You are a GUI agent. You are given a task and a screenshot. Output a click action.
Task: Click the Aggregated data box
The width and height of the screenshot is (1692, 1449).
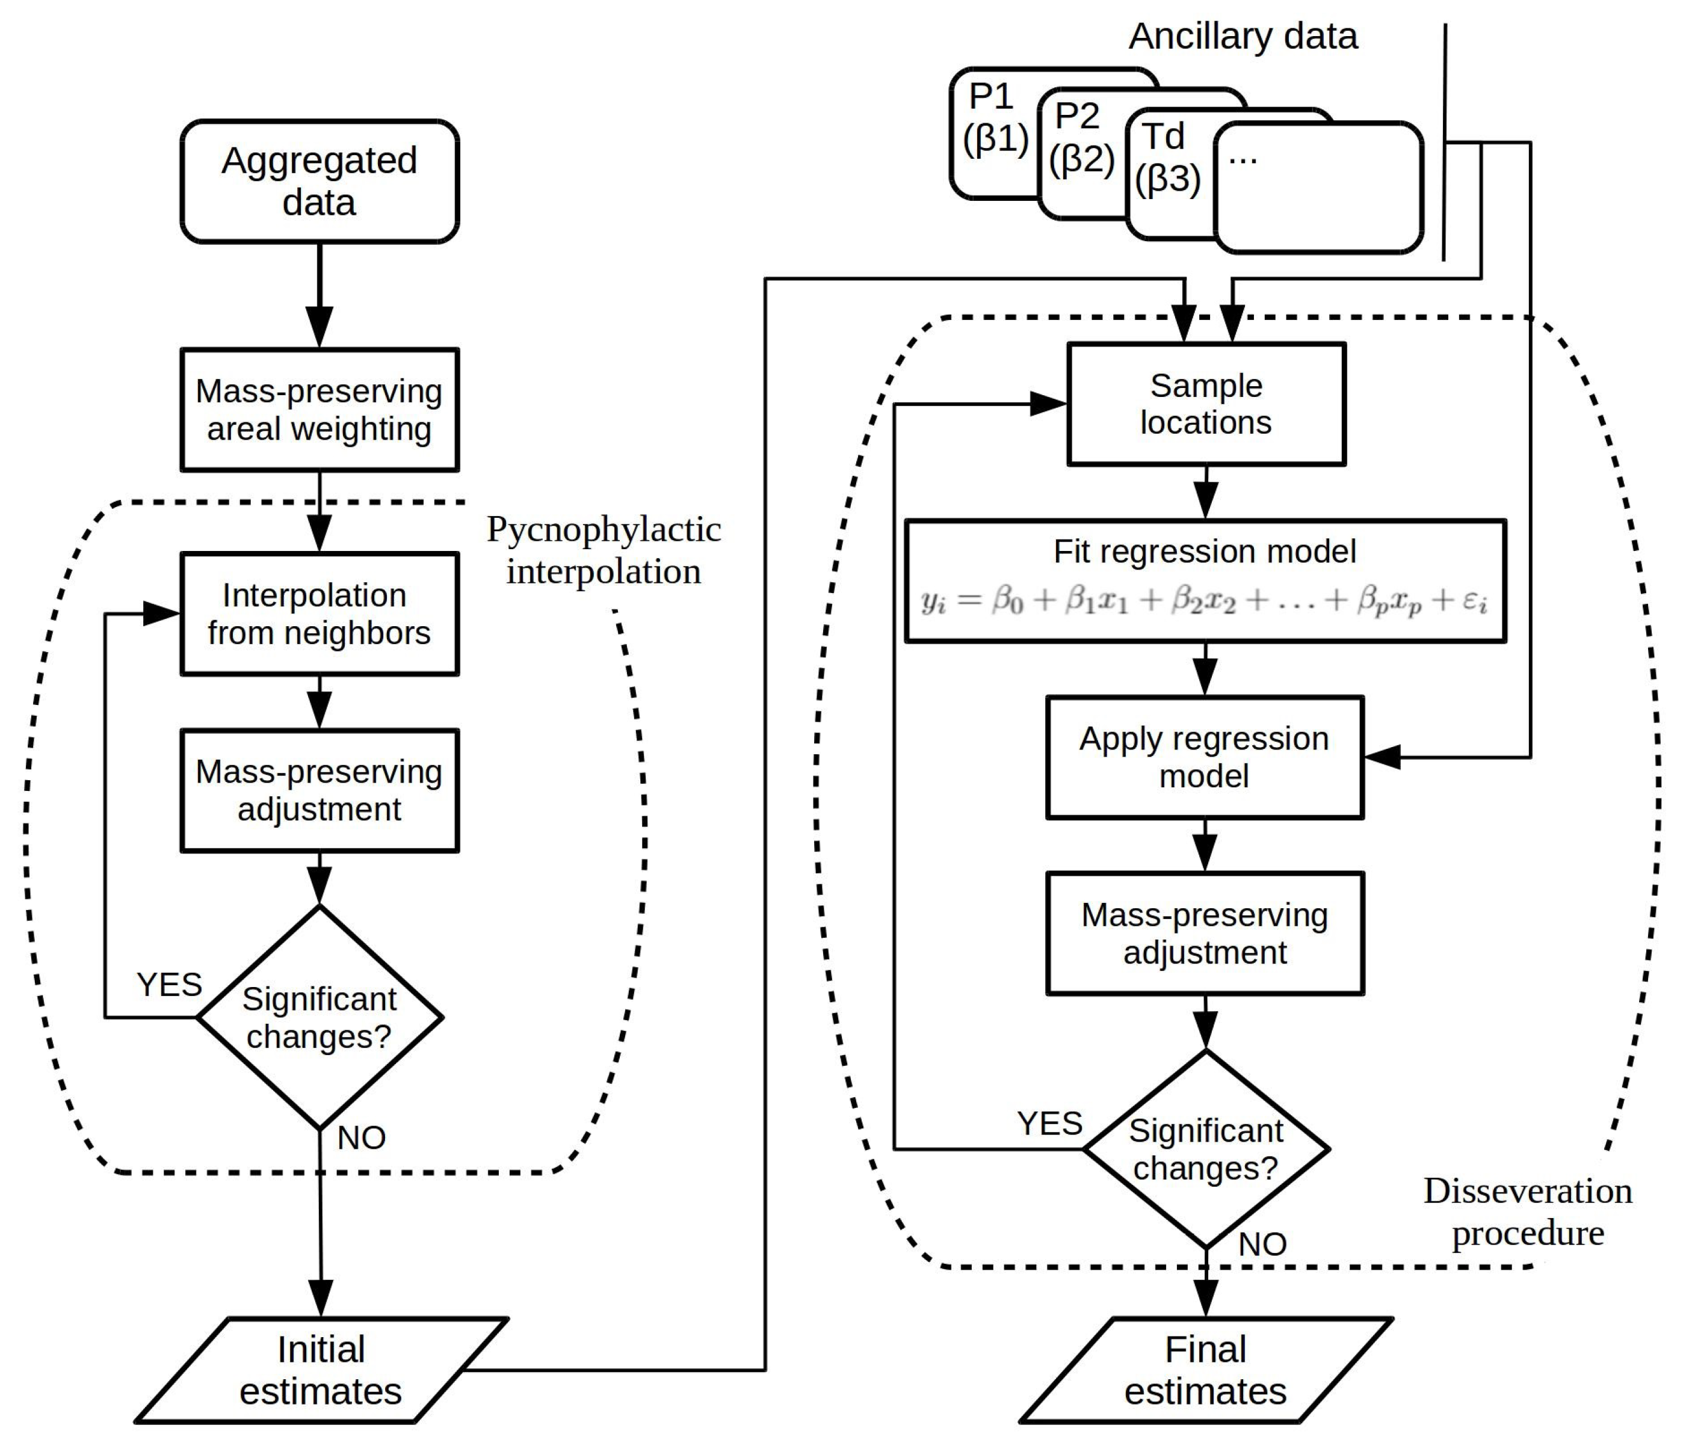pos(320,181)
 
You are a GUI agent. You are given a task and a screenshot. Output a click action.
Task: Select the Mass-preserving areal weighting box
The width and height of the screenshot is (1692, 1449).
pos(320,410)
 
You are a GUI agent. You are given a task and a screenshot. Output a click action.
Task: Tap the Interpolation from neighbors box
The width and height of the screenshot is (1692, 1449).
pos(320,614)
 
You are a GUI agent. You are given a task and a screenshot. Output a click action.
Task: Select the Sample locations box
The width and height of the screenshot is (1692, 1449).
pos(1206,404)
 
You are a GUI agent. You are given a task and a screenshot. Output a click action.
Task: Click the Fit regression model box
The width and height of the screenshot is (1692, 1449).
pos(1205,581)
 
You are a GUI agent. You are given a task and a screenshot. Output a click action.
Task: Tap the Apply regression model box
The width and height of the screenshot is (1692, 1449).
pos(1205,757)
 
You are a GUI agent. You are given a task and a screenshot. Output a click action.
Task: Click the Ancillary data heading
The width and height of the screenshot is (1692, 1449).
pos(1243,37)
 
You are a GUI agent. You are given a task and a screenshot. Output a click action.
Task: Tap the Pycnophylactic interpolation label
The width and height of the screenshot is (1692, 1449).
pos(604,551)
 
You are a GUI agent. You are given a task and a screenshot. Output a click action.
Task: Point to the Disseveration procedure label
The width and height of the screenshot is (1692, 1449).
pos(1528,1212)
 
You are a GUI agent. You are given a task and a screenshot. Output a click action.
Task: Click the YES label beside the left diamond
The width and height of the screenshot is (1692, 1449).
pos(169,985)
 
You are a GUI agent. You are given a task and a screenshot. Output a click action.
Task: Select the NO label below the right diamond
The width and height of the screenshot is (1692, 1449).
pos(1262,1245)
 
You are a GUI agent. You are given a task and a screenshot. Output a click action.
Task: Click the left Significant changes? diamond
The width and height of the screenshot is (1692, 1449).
pos(320,1017)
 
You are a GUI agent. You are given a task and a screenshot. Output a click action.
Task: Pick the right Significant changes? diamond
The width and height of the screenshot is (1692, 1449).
pos(1206,1149)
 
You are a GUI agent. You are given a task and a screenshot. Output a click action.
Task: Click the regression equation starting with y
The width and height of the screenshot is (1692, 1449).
pos(1205,601)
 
